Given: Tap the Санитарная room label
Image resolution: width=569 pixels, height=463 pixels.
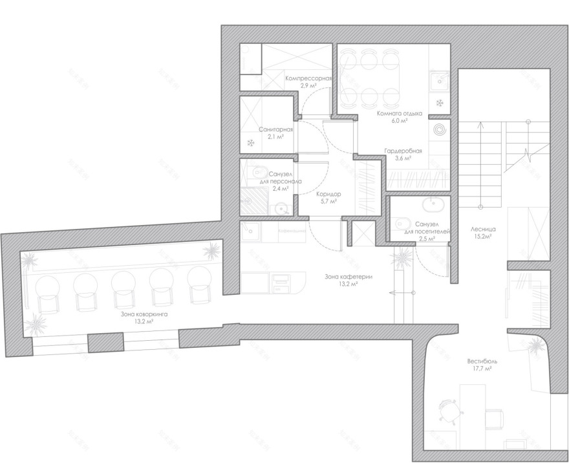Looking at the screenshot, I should (x=276, y=129).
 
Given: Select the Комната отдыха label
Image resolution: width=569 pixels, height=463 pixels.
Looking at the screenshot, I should (x=400, y=113).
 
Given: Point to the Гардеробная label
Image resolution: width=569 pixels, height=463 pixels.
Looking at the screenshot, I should (x=403, y=151).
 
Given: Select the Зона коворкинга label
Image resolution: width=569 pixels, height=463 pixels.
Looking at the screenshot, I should (x=144, y=314).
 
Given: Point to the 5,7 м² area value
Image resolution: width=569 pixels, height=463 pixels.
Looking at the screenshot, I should (x=328, y=202).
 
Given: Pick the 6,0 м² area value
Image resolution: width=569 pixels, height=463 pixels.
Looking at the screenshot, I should (x=400, y=121).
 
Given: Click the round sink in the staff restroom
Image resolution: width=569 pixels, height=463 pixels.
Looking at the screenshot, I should (x=281, y=208).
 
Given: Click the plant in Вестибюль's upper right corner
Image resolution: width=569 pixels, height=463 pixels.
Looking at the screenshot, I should (x=536, y=348).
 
